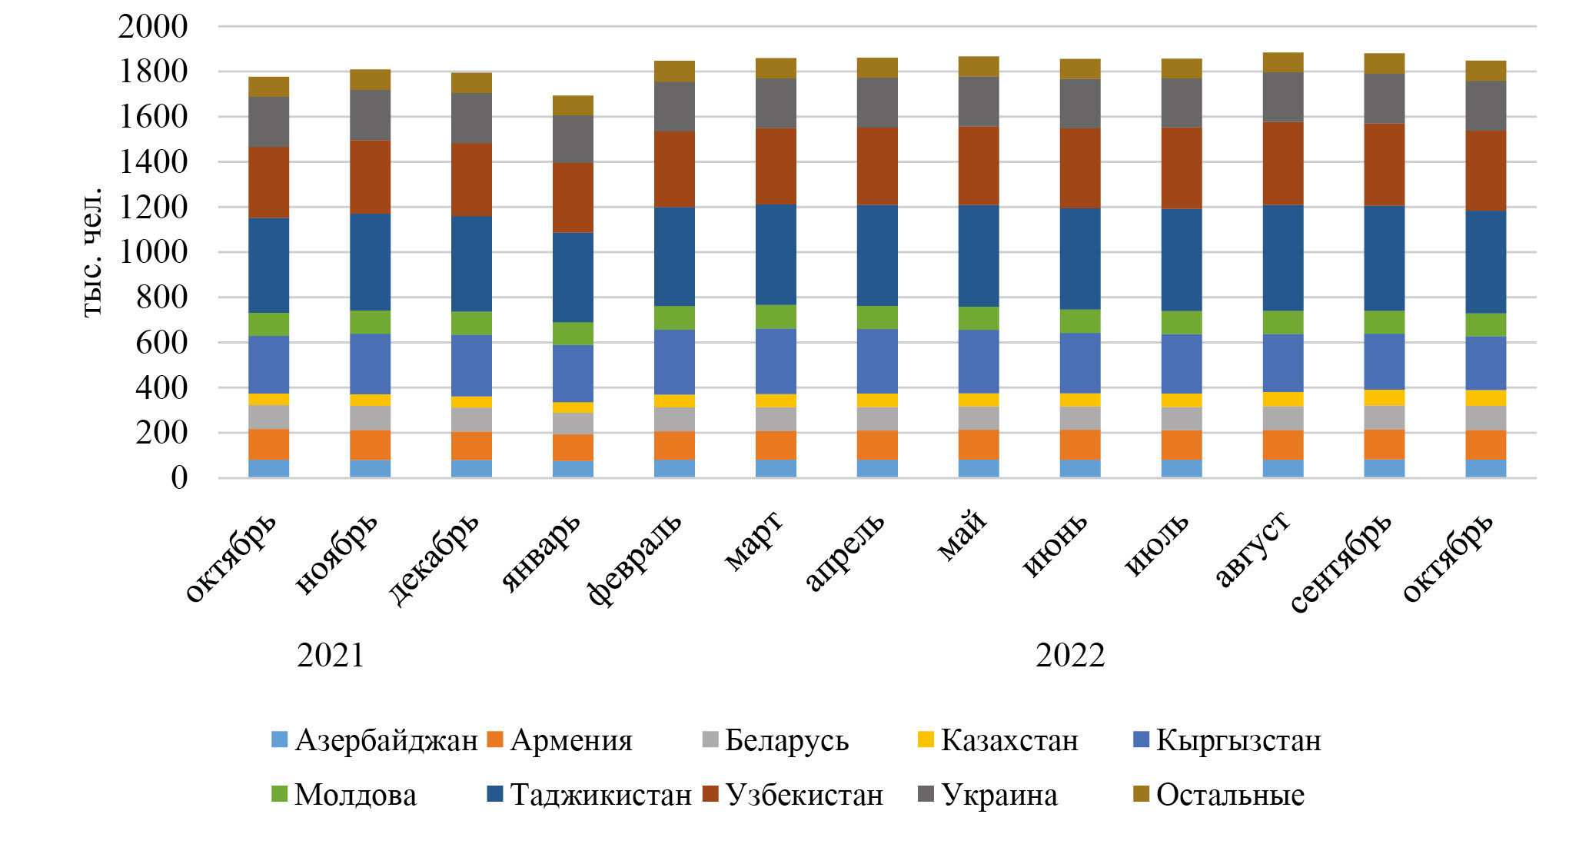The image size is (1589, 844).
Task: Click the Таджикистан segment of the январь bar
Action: pos(573,277)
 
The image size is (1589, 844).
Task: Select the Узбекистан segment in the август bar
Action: pos(1283,163)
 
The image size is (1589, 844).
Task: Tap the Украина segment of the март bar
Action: pos(776,102)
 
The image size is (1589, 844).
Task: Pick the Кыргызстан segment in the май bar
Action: pos(979,361)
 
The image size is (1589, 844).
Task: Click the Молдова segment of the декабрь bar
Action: pos(471,323)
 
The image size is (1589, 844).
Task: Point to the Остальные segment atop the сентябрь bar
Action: pos(1385,63)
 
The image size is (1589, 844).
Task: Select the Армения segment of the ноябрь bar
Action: pos(370,445)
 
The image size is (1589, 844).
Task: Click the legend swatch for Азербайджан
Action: pos(280,740)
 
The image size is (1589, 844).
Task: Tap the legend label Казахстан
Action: pos(1009,740)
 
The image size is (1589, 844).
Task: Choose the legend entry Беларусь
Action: pos(786,740)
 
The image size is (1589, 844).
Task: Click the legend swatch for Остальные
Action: pos(1142,794)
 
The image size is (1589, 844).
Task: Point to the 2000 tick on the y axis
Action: pos(152,26)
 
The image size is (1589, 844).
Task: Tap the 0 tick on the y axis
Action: pos(179,478)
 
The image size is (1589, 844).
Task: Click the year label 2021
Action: pos(331,656)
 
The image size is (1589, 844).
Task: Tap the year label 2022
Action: pos(1070,656)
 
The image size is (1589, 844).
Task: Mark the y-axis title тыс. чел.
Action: pos(91,251)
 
